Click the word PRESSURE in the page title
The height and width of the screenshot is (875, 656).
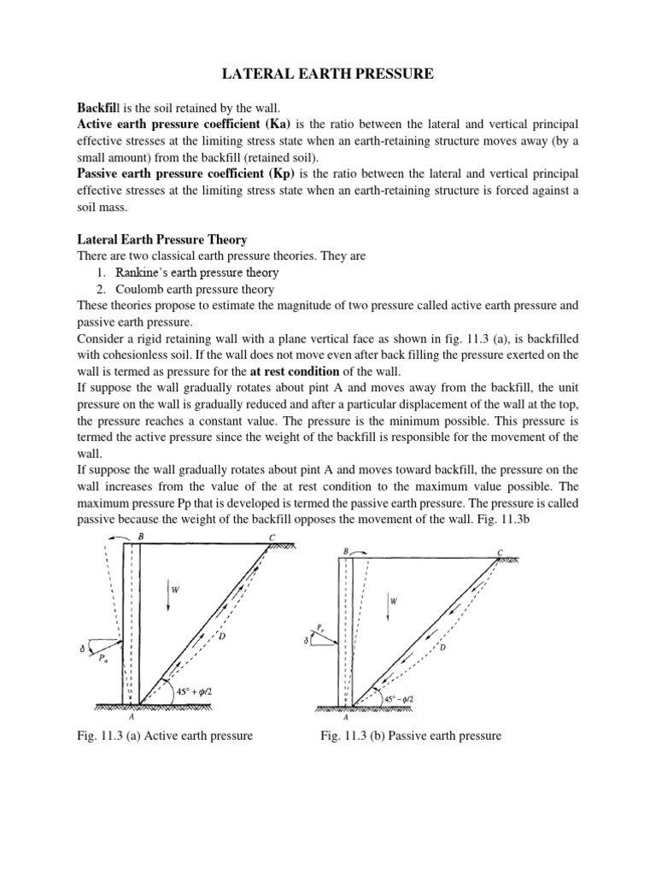tap(392, 76)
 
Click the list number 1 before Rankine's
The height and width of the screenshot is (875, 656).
tap(101, 273)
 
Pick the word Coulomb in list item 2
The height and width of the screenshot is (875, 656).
tap(138, 289)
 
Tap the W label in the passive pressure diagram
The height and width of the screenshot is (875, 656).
tap(394, 601)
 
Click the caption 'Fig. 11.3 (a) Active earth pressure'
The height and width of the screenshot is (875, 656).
tap(165, 736)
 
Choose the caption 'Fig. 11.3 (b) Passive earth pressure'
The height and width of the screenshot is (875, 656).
tap(411, 736)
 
